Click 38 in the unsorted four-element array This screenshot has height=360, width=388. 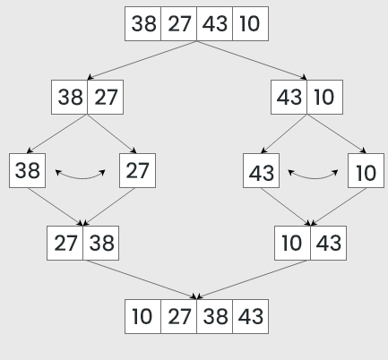click(143, 24)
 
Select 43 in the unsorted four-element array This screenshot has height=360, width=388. click(214, 24)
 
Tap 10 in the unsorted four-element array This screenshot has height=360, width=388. click(250, 24)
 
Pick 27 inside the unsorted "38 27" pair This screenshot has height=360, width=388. click(106, 97)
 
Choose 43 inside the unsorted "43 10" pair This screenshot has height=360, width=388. click(289, 97)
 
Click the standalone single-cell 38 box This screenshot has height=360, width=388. click(28, 170)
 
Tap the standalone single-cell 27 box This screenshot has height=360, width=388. click(137, 170)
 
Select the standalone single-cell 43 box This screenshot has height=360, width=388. click(260, 170)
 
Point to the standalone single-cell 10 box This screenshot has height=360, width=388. click(366, 170)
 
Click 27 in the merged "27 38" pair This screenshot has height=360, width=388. click(65, 243)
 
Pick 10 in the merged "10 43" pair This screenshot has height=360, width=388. click(293, 243)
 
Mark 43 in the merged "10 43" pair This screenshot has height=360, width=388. click(328, 243)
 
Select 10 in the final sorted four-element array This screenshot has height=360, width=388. click(142, 317)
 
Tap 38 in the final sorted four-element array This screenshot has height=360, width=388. click(214, 317)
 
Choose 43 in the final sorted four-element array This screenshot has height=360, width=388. click(251, 317)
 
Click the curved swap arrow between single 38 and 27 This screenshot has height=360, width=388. click(82, 177)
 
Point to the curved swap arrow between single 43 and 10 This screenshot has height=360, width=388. click(314, 177)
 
